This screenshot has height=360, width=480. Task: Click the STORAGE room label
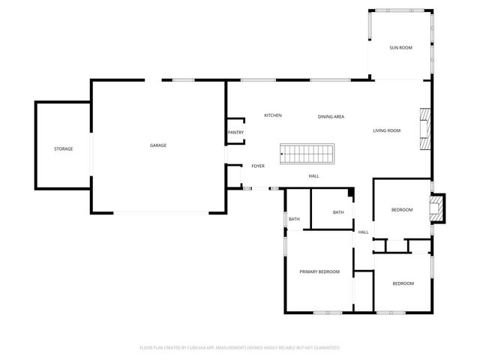coord(63,149)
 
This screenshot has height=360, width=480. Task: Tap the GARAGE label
coord(157,145)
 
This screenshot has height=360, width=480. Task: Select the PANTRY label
coord(235,133)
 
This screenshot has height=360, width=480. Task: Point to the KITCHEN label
coord(272,115)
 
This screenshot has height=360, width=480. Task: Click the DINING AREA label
coord(331,117)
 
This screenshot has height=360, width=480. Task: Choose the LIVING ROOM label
coord(387,130)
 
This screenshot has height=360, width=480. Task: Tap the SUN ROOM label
coord(400,48)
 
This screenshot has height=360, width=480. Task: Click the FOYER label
coord(258,166)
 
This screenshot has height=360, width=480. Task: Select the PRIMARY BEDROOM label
coord(319,271)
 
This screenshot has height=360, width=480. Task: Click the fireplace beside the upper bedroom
coord(436,208)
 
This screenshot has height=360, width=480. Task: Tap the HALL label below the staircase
coord(313,176)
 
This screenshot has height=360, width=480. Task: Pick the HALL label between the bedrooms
coord(363,232)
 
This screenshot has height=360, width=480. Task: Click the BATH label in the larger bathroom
coord(338,212)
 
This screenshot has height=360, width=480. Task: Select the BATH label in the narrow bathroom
coord(294,219)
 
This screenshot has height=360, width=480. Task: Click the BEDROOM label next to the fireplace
coord(402,210)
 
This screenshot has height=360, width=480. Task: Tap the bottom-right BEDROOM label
coord(403,283)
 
